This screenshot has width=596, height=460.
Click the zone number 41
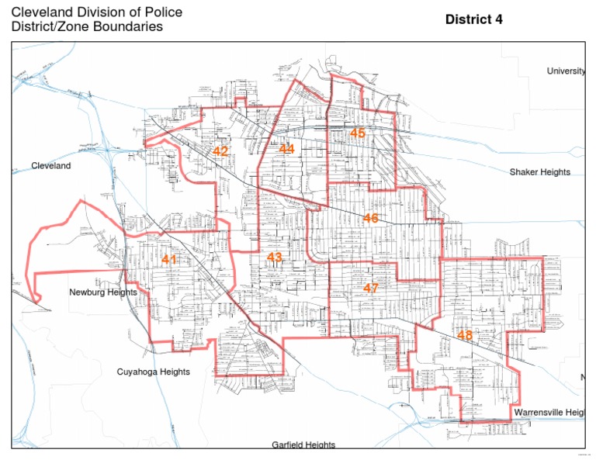point(169,260)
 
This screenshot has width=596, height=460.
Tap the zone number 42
point(220,151)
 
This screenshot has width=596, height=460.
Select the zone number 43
point(275,258)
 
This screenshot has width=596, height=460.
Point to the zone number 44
point(287,149)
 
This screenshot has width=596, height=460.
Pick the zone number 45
point(357,133)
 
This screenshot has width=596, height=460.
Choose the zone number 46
point(370,219)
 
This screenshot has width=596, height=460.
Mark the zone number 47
point(370,289)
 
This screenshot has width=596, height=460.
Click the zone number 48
point(464,335)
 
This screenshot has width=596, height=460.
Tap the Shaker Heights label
point(539,172)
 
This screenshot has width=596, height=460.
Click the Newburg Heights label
point(102,292)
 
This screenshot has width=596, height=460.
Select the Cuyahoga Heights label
point(153,372)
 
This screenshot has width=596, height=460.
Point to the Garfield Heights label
point(303,445)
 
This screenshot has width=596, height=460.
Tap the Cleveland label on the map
point(50,166)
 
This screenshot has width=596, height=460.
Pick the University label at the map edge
point(566,71)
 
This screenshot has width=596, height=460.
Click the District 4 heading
point(473,19)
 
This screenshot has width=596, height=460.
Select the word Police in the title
point(164,12)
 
